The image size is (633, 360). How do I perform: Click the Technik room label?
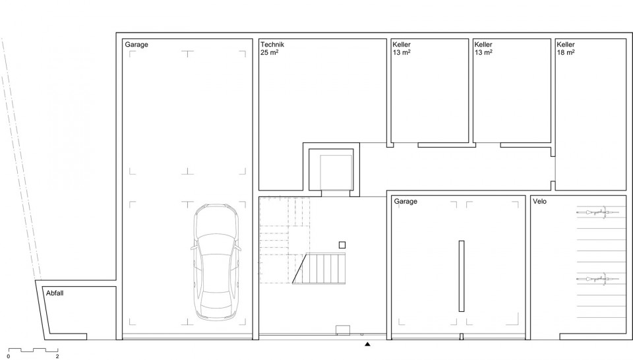coord(272,44)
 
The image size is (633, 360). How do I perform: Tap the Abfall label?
coord(55,293)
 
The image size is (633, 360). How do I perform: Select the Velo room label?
coord(539,201)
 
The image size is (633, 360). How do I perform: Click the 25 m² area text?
coord(269,53)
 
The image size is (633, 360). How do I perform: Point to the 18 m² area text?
coord(566,53)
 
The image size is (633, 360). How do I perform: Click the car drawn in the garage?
coord(216,262)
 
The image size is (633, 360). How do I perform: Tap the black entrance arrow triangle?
coord(367,344)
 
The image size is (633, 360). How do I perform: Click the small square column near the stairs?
coord(342,245)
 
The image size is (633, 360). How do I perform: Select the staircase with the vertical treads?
coord(319,268)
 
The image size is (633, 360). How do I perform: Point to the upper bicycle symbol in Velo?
coord(597,212)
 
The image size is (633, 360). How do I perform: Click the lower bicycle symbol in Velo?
coord(597,278)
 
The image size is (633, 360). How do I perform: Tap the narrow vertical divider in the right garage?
coord(462,276)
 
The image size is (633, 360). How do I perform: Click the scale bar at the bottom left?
coord(33,350)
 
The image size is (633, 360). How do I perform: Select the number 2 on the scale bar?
coord(57,356)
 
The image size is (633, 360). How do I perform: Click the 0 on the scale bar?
coord(9,356)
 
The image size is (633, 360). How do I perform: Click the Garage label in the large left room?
coord(136,44)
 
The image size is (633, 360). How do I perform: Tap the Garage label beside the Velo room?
coord(406,201)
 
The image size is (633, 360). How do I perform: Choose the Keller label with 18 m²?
coord(566,44)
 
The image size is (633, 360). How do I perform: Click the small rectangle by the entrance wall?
coord(343,330)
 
